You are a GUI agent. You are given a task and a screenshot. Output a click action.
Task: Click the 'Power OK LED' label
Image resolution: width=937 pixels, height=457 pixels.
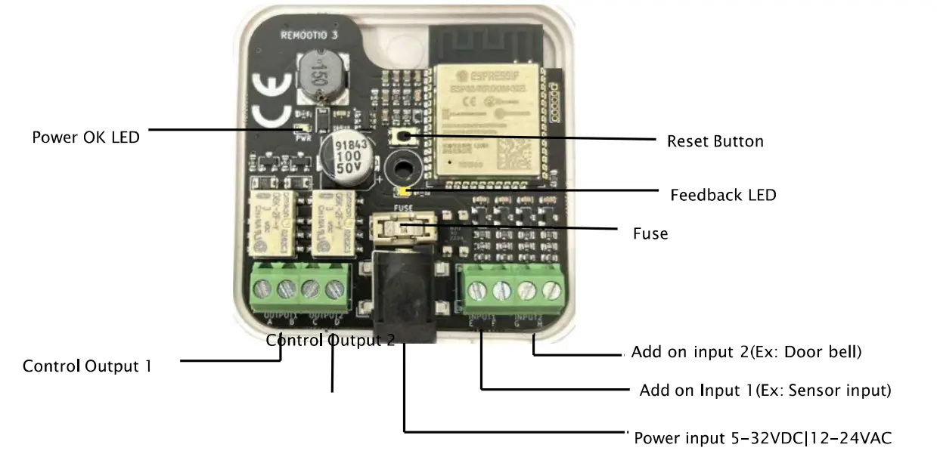[85, 137]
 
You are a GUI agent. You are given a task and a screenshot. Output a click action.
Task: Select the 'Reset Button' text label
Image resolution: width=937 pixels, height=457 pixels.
[715, 141]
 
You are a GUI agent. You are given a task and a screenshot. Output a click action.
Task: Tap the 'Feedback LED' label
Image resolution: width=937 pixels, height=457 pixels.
[723, 195]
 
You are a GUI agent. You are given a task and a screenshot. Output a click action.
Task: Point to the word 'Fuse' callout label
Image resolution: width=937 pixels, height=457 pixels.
[650, 233]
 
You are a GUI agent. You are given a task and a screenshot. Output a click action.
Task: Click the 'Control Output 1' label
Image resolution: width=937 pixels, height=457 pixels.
[87, 366]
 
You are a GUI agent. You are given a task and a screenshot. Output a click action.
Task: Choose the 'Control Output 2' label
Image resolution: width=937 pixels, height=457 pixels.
[330, 341]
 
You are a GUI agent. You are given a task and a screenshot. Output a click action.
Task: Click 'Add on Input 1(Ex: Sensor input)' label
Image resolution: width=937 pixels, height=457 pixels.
[765, 391]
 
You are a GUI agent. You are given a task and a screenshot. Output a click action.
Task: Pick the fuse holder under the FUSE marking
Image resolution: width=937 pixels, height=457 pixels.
[405, 230]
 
